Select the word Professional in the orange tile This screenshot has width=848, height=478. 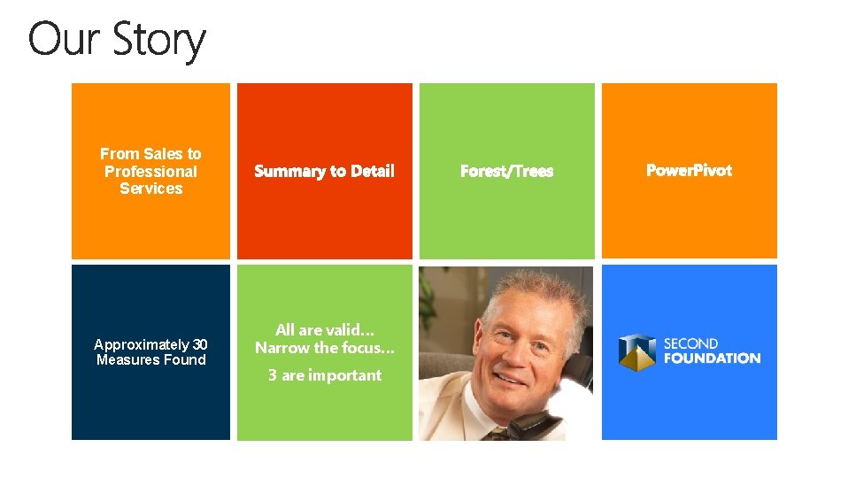150,171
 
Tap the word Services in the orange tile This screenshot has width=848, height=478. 150,189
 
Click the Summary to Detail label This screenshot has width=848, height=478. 324,171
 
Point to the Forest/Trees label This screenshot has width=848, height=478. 506,171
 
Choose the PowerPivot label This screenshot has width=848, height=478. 689,170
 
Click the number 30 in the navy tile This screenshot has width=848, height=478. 200,344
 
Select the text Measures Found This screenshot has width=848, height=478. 150,359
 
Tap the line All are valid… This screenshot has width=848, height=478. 324,330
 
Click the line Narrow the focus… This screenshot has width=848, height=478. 324,348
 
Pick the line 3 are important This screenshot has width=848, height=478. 324,375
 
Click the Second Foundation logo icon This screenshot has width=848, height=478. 636,351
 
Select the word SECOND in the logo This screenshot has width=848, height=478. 690,343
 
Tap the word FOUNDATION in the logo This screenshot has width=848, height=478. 712,358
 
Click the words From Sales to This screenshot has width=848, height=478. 150,154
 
